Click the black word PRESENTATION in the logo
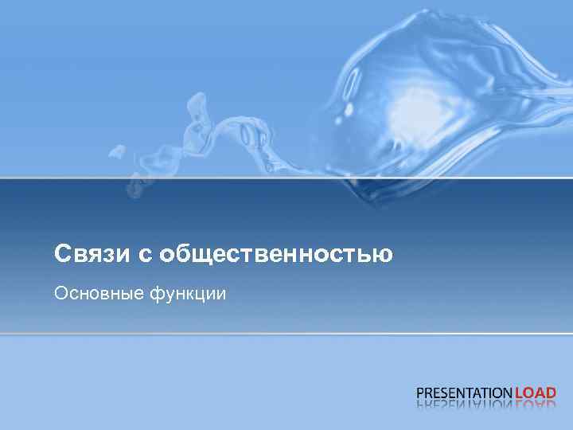tap(465, 393)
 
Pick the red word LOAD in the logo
tap(536, 393)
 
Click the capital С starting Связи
tap(62, 255)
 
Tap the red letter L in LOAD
tap(519, 393)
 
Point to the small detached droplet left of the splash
tap(118, 150)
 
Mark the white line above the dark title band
tap(286, 178)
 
